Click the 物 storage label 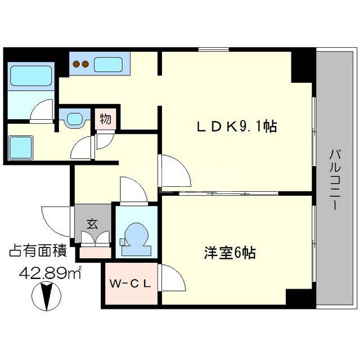pos(105,119)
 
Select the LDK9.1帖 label pos(237,127)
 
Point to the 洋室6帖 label pos(229,253)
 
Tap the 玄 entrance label pos(91,222)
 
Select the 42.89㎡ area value pos(51,273)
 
